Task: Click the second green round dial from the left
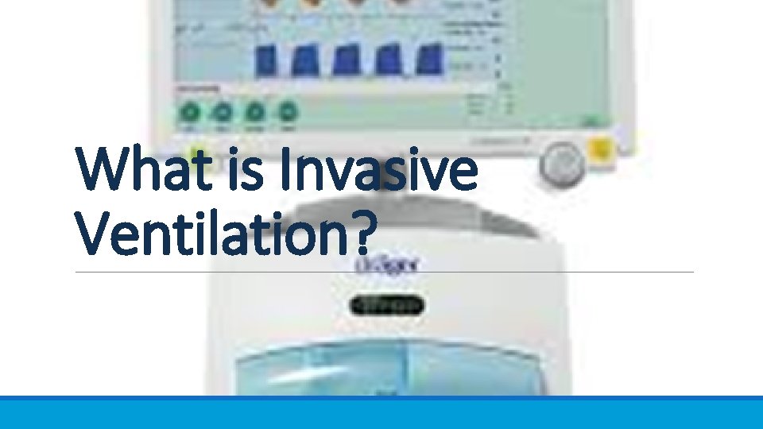click(223, 113)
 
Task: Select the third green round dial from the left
click(255, 113)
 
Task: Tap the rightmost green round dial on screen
click(288, 113)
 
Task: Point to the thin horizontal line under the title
click(556, 272)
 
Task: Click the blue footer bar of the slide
click(381, 412)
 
